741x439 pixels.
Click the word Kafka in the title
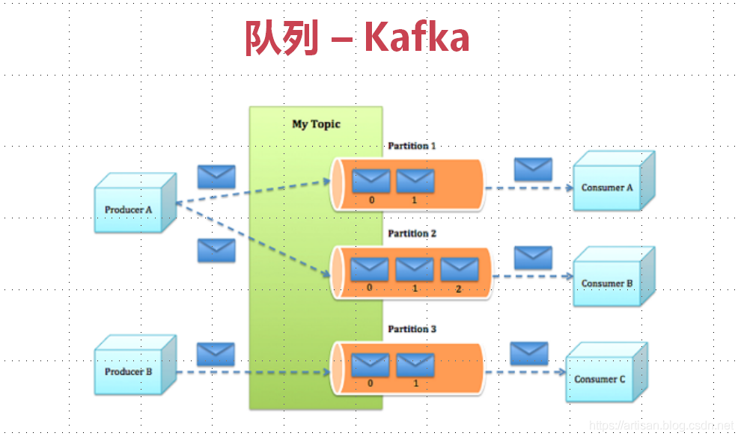(x=417, y=38)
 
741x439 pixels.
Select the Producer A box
(x=129, y=209)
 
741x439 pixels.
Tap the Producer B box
(x=129, y=372)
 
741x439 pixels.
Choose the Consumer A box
(x=607, y=187)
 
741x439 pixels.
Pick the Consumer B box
(x=607, y=283)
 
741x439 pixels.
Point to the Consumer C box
(x=600, y=379)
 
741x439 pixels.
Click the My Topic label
(x=316, y=124)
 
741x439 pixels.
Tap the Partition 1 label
(x=412, y=146)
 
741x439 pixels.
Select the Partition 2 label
(x=412, y=233)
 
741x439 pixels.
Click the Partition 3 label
(x=412, y=329)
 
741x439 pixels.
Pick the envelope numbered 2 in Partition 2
(x=459, y=268)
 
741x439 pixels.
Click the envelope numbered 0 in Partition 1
(x=371, y=181)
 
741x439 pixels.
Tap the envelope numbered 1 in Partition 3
(x=415, y=365)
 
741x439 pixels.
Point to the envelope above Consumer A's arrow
(x=533, y=169)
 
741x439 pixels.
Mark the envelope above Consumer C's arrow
(x=529, y=353)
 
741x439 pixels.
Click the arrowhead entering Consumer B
(x=568, y=276)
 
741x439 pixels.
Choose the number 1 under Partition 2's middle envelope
(x=415, y=288)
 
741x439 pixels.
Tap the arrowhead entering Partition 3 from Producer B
(x=327, y=372)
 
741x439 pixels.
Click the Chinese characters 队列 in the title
(x=281, y=38)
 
